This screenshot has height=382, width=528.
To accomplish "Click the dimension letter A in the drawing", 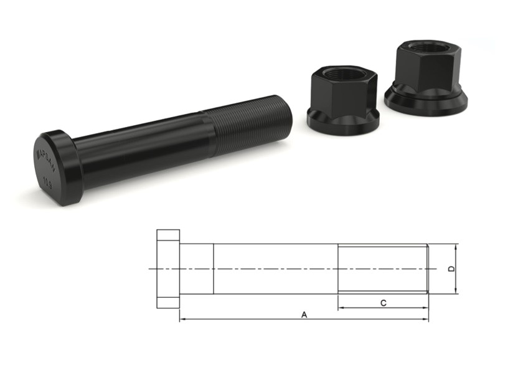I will [304, 315].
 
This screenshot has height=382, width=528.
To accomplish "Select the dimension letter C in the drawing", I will [384, 303].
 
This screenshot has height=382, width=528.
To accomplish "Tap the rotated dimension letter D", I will [451, 269].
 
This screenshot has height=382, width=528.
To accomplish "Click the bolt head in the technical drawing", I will [168, 269].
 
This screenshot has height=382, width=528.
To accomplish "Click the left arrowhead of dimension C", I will [341, 308].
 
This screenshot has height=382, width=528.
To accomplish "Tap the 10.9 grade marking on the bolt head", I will [48, 182].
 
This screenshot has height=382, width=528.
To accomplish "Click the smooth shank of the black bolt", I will [143, 150].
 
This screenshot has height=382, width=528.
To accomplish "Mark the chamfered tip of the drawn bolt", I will [427, 269].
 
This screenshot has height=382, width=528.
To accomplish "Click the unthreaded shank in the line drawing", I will [274, 269].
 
